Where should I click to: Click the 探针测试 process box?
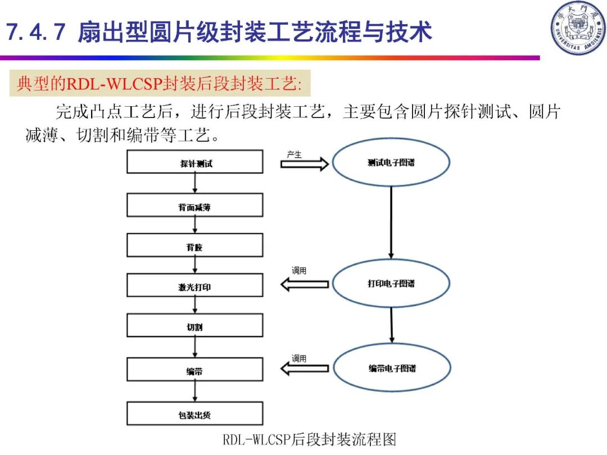(194, 162)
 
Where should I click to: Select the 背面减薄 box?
(194, 206)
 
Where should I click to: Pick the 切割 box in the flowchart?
(194, 326)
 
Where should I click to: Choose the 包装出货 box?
(194, 414)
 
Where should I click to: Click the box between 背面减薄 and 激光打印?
(194, 245)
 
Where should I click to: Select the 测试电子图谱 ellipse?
(391, 162)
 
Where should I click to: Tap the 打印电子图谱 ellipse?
(391, 284)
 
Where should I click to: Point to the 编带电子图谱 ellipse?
(392, 368)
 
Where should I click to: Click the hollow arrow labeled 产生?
(304, 164)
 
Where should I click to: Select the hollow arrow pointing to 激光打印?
(304, 285)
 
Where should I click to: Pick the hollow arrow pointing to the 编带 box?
(304, 369)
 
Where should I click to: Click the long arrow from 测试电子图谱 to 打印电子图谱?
(391, 222)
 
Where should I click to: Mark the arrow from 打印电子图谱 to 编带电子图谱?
(391, 325)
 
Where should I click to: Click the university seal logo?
(577, 28)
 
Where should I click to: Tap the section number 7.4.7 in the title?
(35, 32)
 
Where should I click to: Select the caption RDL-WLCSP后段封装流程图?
(309, 439)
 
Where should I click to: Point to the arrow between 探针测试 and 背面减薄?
(194, 184)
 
